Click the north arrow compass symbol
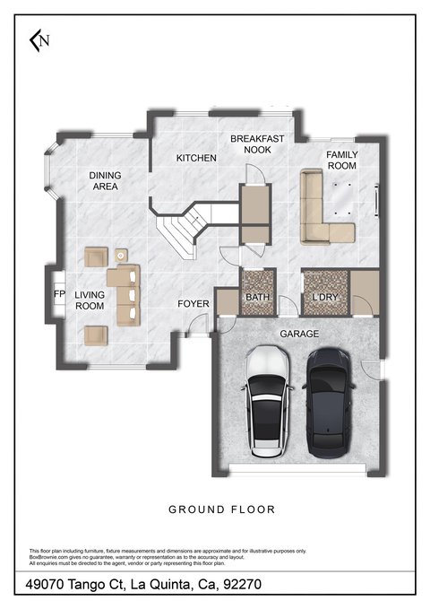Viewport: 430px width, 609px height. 39,40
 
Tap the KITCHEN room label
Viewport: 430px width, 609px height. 196,158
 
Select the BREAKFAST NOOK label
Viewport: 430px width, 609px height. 257,144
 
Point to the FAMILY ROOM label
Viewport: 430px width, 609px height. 342,160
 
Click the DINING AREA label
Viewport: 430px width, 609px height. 105,180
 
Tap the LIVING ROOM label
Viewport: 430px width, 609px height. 90,300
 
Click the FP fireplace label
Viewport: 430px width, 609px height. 59,294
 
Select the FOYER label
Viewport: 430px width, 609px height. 193,304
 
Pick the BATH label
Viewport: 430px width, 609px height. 258,298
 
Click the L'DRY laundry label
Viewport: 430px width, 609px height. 325,298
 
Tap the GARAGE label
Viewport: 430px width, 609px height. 299,334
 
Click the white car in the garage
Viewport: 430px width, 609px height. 267,402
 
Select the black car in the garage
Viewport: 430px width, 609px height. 328,403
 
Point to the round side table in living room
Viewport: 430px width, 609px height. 121,256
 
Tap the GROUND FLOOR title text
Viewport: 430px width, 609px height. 222,509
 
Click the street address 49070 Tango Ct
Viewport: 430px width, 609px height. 74,584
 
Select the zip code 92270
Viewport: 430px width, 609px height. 242,584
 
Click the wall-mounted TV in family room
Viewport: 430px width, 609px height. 376,200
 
